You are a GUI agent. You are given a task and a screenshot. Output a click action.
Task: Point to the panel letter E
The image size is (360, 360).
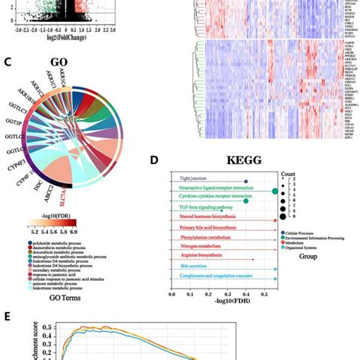pos(7,314)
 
